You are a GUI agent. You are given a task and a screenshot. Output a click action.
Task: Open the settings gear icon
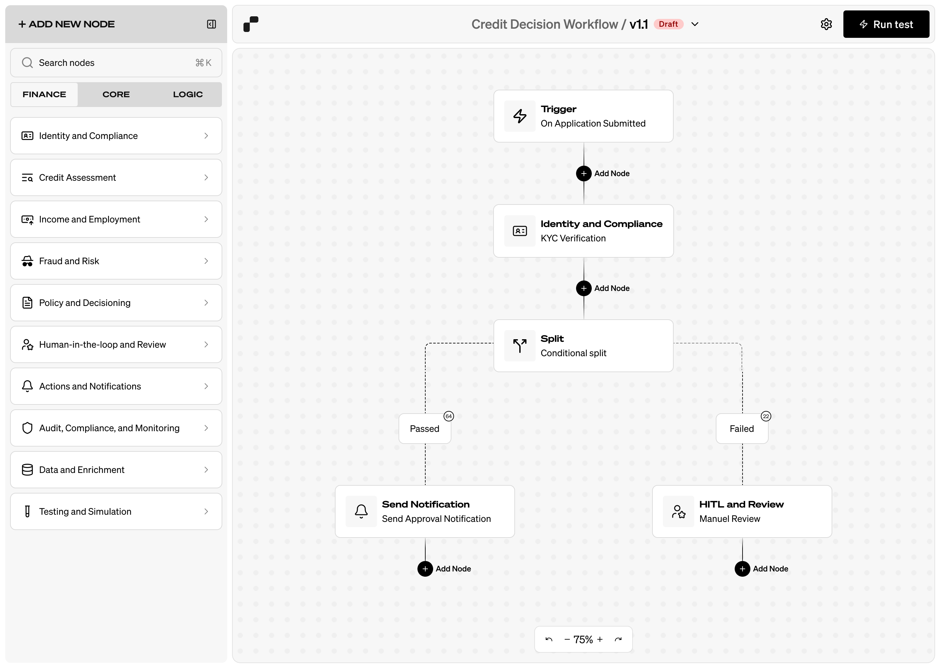point(826,24)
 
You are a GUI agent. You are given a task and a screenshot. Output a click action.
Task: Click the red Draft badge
point(668,24)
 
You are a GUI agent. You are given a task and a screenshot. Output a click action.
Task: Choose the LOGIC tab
point(188,94)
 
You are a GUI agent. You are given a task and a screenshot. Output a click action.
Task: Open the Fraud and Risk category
point(116,261)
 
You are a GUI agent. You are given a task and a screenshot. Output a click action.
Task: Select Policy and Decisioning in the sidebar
point(116,303)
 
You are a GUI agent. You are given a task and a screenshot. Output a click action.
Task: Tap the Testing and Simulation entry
point(116,511)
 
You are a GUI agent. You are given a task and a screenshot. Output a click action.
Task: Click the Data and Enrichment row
point(116,470)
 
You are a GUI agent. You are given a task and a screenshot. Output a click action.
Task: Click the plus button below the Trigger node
point(584,174)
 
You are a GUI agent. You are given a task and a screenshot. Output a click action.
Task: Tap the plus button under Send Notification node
point(425,569)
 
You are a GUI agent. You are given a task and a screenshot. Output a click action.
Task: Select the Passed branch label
point(424,429)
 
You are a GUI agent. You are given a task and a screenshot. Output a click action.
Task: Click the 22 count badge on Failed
point(765,416)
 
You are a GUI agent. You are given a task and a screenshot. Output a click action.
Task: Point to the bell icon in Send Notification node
point(361,511)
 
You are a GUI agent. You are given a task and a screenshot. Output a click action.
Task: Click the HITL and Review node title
point(741,504)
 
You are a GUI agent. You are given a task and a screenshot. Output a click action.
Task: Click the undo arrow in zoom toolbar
point(549,639)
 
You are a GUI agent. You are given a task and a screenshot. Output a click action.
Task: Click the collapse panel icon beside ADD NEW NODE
point(211,24)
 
